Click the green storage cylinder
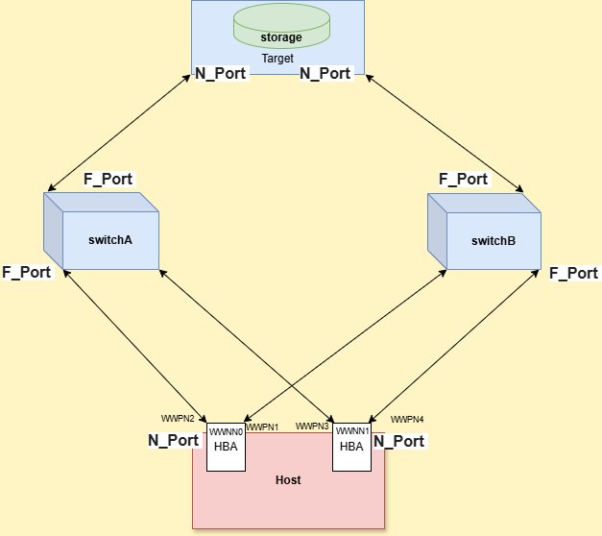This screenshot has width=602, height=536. click(281, 27)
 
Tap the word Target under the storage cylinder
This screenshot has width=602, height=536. click(277, 59)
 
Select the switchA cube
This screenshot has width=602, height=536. click(101, 232)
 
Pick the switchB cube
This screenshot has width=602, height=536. click(485, 232)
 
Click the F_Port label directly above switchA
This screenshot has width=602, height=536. click(108, 179)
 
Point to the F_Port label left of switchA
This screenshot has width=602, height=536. click(26, 272)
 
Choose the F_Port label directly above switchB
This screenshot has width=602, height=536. click(463, 179)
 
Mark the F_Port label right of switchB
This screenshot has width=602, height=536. click(573, 274)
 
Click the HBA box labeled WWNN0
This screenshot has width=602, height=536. click(227, 447)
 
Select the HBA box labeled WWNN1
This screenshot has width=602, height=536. click(351, 447)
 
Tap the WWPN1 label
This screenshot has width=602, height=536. click(262, 427)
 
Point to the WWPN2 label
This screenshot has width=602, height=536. click(178, 419)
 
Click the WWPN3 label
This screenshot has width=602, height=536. click(312, 426)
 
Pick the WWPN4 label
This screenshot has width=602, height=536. click(406, 420)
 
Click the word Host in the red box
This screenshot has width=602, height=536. click(288, 479)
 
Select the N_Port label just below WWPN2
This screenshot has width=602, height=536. click(173, 441)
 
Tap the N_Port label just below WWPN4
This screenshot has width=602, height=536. click(398, 442)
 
